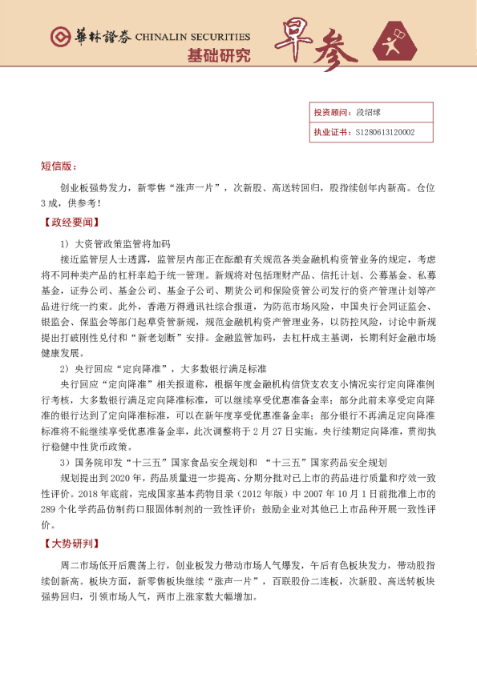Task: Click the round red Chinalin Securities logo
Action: click(59, 37)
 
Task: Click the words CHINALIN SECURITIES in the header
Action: click(192, 37)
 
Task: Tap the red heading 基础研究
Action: click(218, 55)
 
